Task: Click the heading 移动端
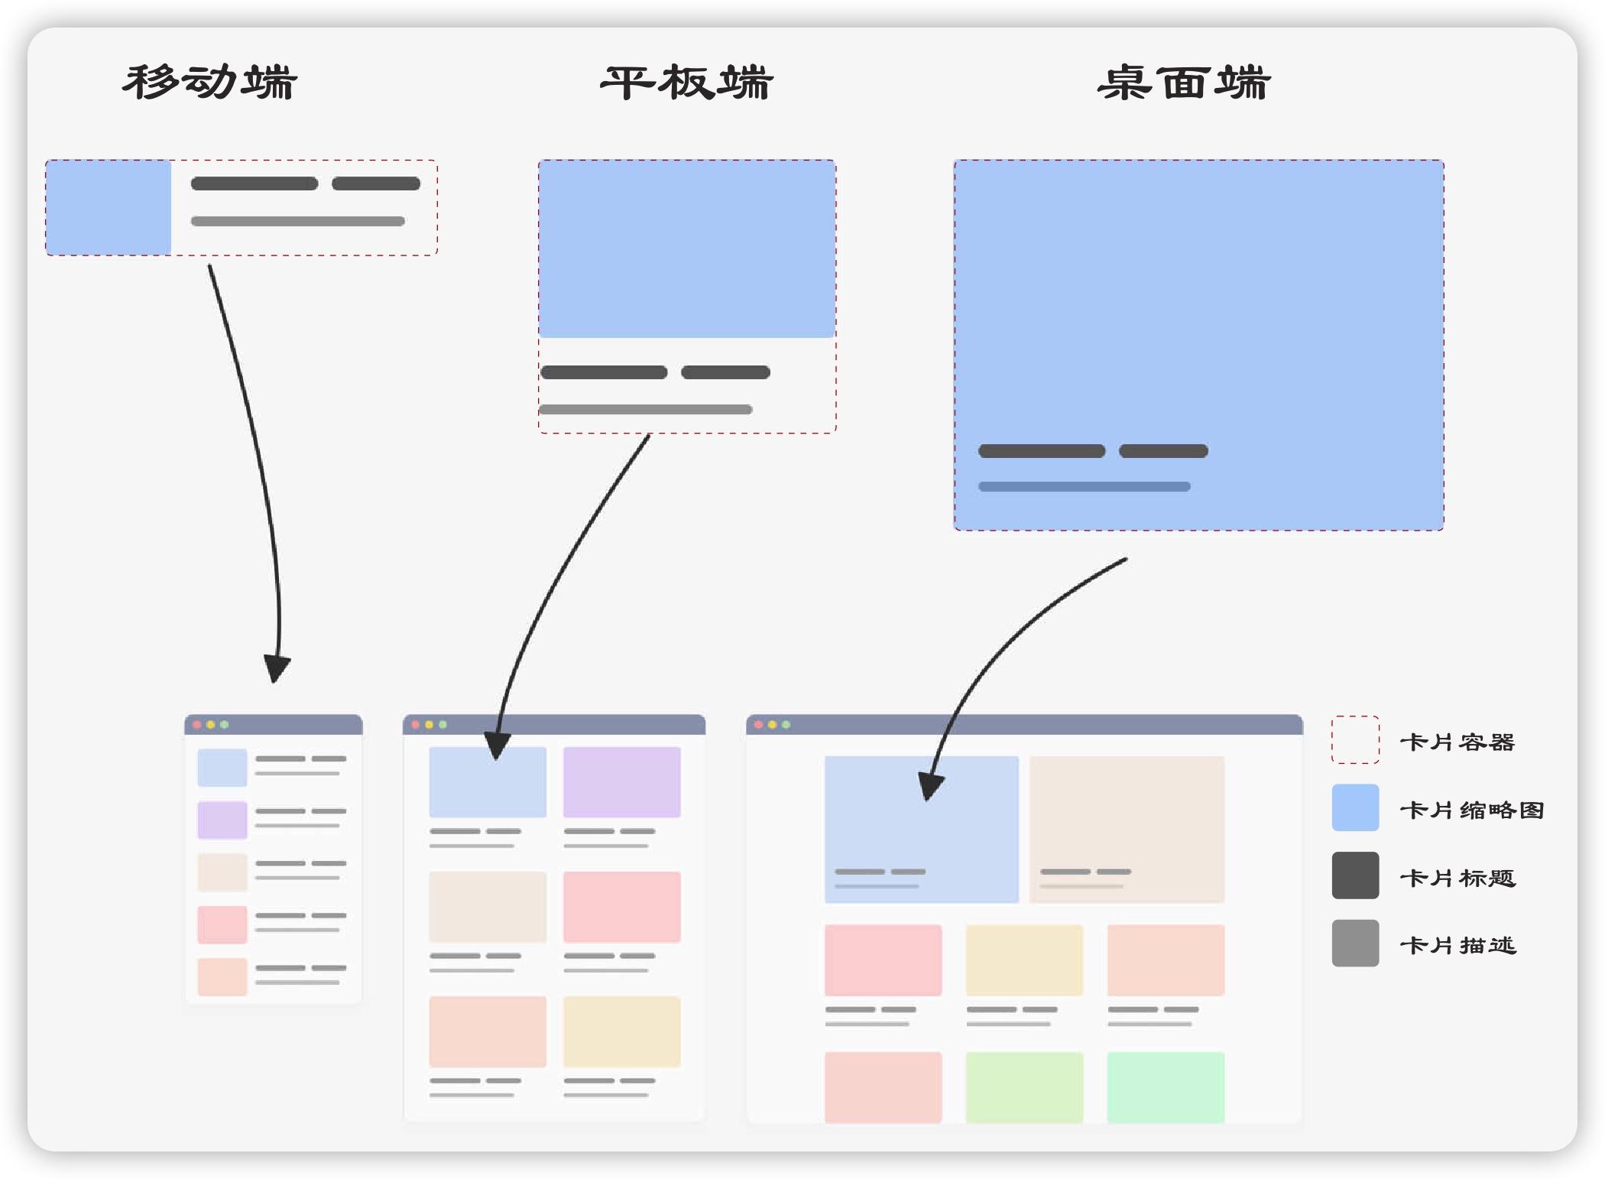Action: coord(209,83)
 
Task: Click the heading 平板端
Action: coord(686,83)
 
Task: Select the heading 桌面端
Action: coord(1184,83)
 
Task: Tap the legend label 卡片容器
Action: coord(1457,742)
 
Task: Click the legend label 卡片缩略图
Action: coord(1471,810)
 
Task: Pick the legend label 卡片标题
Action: coord(1457,877)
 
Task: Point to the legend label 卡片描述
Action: coord(1457,945)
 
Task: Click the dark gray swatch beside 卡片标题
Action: coord(1355,875)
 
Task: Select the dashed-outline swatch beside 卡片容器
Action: coord(1355,739)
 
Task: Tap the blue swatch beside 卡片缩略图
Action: coord(1355,807)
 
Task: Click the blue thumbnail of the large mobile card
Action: coord(109,207)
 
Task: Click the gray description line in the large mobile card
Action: coord(297,222)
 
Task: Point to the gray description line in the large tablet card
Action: coord(646,410)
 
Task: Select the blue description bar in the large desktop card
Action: coord(1084,487)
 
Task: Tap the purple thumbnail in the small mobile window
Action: coord(222,820)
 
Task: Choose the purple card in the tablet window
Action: coord(621,782)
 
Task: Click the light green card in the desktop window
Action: coord(1024,1086)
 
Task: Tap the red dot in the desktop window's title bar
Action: coord(758,725)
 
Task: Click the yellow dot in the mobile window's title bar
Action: coord(210,725)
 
